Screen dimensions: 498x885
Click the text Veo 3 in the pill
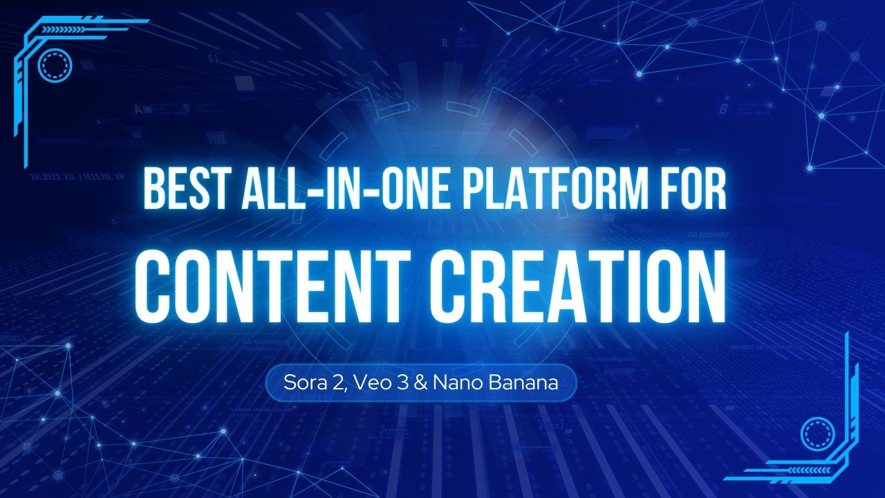[x=373, y=382]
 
